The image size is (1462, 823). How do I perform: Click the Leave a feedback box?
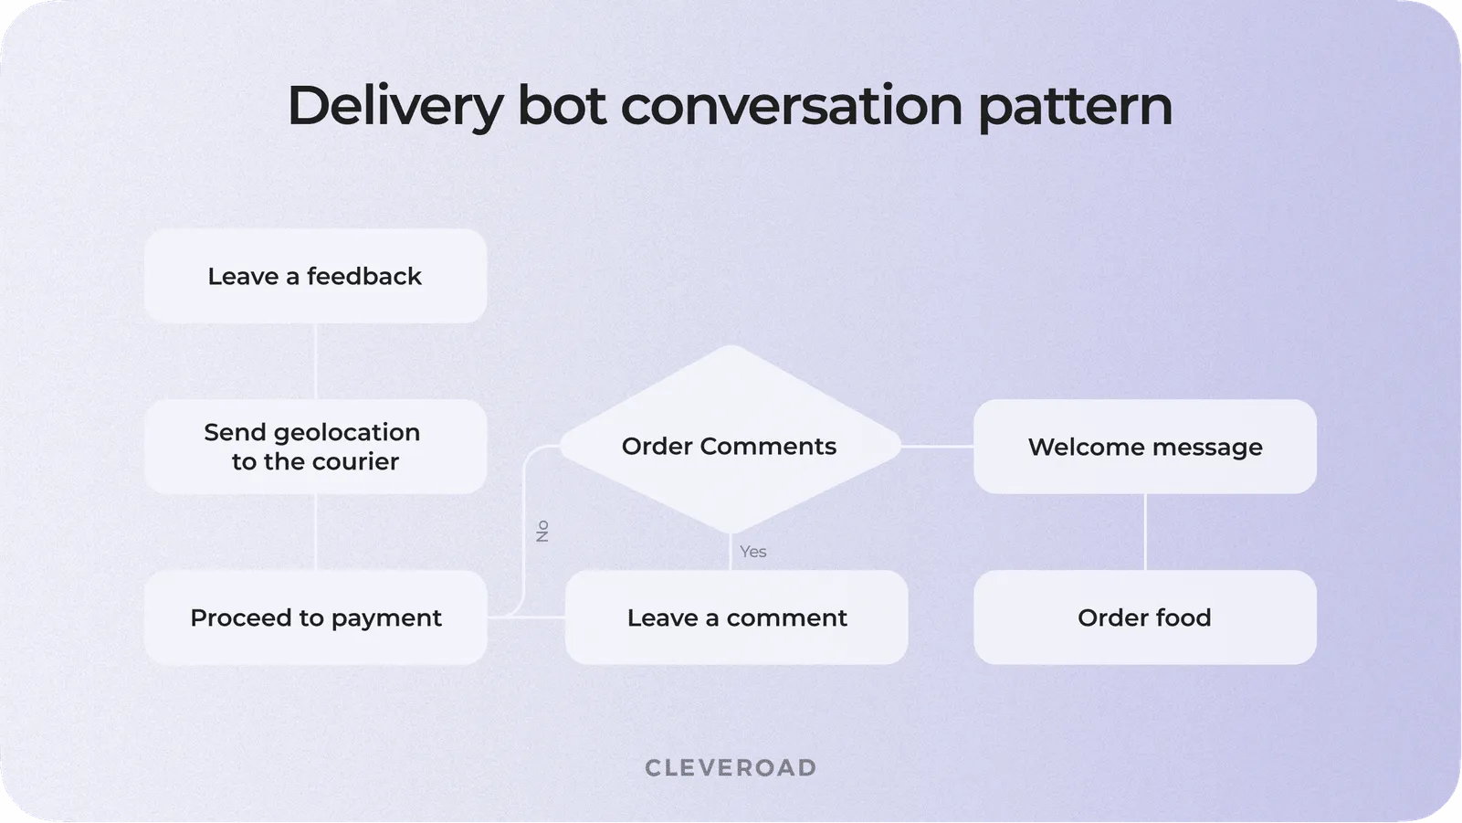click(x=315, y=276)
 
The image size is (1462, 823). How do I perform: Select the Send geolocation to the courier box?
click(x=315, y=447)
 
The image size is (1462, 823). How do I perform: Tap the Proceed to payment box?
click(x=315, y=617)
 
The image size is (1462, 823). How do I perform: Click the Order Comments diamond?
click(x=730, y=446)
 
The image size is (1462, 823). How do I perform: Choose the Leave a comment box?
click(x=736, y=617)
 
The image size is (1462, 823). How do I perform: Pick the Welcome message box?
click(x=1144, y=447)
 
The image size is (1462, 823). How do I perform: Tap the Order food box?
click(x=1144, y=617)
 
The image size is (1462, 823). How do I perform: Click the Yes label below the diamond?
click(x=753, y=552)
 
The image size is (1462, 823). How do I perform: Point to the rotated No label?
click(x=542, y=531)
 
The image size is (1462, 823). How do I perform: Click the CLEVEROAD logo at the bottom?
click(x=731, y=767)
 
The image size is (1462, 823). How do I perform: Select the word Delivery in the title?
click(x=394, y=106)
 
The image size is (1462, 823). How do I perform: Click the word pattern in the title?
click(x=1075, y=106)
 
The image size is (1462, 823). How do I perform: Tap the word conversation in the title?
click(x=791, y=106)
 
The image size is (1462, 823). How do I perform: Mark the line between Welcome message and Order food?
click(x=1145, y=532)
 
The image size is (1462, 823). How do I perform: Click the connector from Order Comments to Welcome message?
click(x=938, y=447)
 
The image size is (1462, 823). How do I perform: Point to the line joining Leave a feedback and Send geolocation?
click(x=315, y=361)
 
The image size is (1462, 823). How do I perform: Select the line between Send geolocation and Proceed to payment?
click(x=315, y=532)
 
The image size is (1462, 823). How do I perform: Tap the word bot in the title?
click(x=561, y=106)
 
